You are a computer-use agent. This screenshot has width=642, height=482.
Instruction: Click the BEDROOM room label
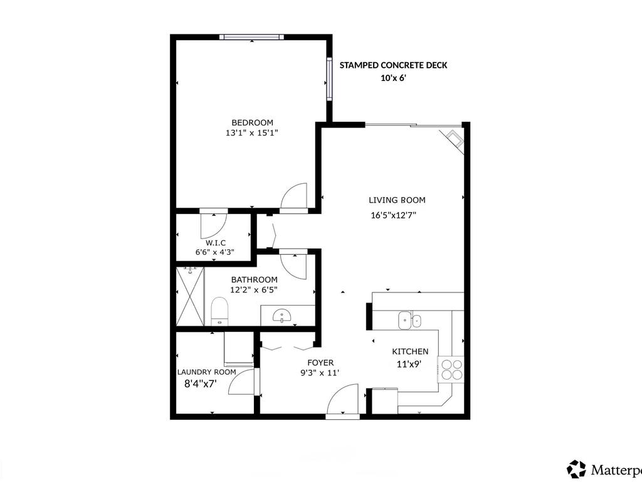click(252, 122)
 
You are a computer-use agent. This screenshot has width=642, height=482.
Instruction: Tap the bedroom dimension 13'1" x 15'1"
click(252, 133)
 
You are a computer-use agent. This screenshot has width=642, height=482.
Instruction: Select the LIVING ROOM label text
click(397, 200)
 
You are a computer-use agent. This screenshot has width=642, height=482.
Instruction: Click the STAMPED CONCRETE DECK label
click(393, 65)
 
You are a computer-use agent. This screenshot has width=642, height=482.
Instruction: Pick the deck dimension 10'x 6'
click(394, 78)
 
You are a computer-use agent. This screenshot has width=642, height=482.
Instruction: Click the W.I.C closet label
click(215, 243)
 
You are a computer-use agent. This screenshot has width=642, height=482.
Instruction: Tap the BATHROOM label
click(254, 280)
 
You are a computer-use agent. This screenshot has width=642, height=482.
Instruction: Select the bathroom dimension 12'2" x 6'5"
click(254, 290)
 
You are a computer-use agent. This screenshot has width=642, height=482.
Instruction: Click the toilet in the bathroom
click(219, 311)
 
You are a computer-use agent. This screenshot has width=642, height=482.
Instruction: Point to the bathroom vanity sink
click(283, 316)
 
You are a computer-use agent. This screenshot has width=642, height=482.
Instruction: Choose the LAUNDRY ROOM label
click(206, 372)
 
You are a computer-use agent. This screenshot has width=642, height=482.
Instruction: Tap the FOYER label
click(320, 363)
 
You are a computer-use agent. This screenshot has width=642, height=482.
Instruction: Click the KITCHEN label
click(410, 352)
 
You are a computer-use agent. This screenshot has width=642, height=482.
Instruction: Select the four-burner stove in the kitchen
click(451, 368)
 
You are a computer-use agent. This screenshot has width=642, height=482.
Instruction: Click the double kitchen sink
click(410, 320)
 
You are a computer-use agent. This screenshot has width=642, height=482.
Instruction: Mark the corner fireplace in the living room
click(453, 140)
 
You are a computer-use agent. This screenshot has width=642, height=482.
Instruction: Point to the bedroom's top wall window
click(251, 37)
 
